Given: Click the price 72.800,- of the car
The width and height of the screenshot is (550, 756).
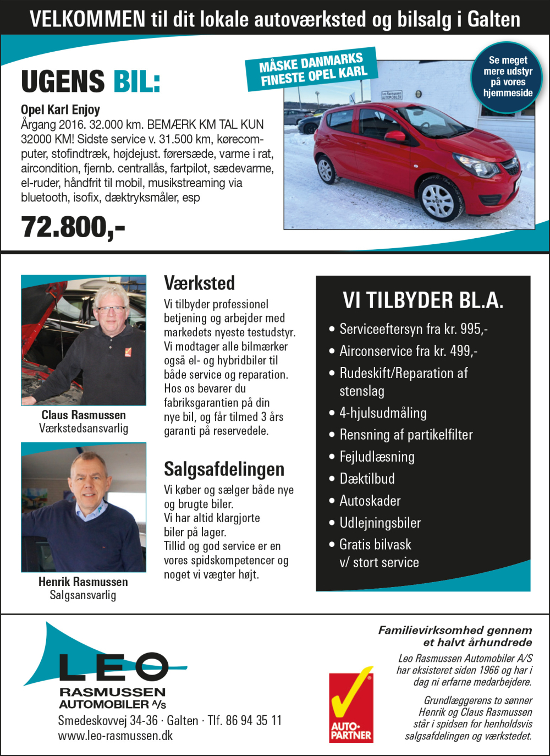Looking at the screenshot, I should pyautogui.click(x=73, y=227).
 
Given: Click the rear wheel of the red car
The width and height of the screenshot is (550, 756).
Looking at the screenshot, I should pyautogui.click(x=327, y=169).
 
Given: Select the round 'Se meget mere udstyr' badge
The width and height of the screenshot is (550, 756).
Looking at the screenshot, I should pyautogui.click(x=508, y=77).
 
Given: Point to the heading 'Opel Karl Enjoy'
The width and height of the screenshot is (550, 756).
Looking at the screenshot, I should pyautogui.click(x=61, y=109).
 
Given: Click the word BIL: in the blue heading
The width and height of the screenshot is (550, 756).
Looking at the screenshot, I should pyautogui.click(x=137, y=82).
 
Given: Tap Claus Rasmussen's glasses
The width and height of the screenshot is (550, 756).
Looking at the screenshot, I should pyautogui.click(x=111, y=309).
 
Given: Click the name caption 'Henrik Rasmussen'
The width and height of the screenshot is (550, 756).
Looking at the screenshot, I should pyautogui.click(x=83, y=582).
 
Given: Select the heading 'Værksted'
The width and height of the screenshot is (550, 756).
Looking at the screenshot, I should pyautogui.click(x=199, y=283).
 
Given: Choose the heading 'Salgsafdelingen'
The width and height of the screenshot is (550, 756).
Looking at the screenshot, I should pyautogui.click(x=224, y=469).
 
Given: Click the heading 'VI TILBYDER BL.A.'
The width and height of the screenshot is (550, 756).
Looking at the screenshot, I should pyautogui.click(x=422, y=300).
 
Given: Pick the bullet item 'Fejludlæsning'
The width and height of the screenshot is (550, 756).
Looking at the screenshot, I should pyautogui.click(x=377, y=457).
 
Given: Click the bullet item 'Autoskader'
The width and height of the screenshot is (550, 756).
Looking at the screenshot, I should pyautogui.click(x=370, y=501).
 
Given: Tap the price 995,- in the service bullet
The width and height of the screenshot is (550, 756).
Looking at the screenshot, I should pyautogui.click(x=474, y=329).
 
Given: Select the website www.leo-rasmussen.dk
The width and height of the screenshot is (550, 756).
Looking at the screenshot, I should pyautogui.click(x=116, y=736).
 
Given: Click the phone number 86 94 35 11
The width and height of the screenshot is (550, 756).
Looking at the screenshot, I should pyautogui.click(x=253, y=720).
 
